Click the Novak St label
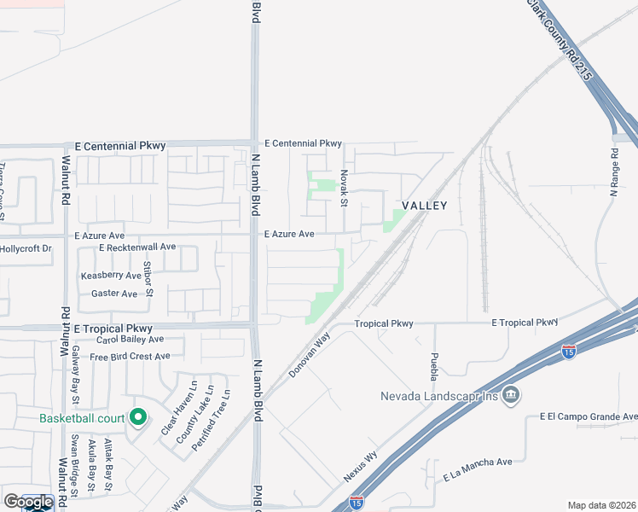pyautogui.click(x=344, y=187)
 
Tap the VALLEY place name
pyautogui.click(x=424, y=206)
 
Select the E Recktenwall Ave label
pyautogui.click(x=136, y=247)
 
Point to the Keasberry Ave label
pyautogui.click(x=111, y=276)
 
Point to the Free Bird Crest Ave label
pyautogui.click(x=130, y=356)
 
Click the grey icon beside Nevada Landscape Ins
pyautogui.click(x=511, y=395)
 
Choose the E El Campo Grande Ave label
pyautogui.click(x=588, y=416)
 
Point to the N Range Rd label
pyautogui.click(x=613, y=174)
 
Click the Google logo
pyautogui.click(x=29, y=502)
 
